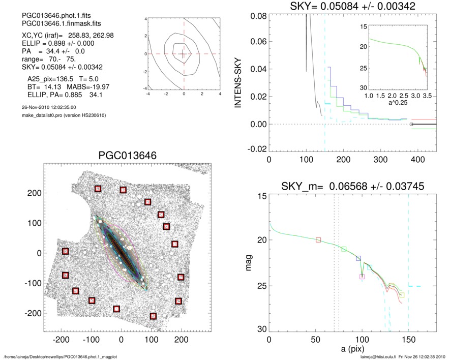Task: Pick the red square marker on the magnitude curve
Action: pyautogui.click(x=318, y=240)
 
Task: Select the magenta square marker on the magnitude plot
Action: pyautogui.click(x=362, y=277)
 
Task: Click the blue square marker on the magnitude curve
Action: pyautogui.click(x=358, y=259)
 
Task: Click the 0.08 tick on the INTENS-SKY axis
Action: pyautogui.click(x=259, y=16)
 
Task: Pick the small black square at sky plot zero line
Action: pyautogui.click(x=411, y=124)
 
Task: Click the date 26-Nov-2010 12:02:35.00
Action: pyautogui.click(x=46, y=107)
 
